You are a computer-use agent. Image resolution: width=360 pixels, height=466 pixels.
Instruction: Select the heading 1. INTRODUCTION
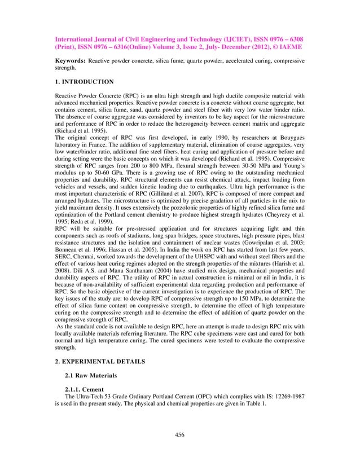[84, 82]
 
